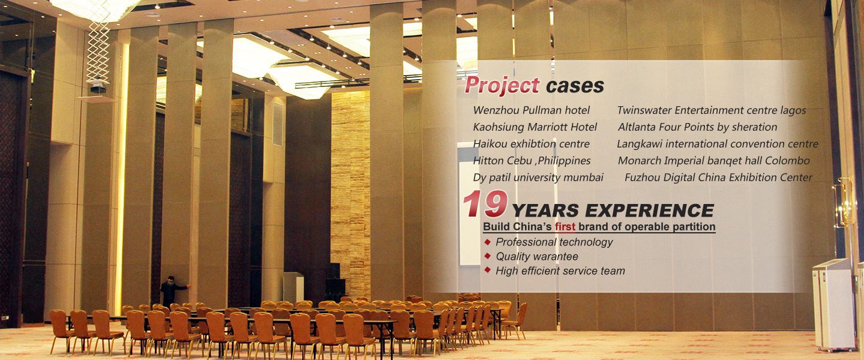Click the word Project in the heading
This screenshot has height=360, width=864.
point(502,85)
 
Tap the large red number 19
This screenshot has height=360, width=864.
point(485,204)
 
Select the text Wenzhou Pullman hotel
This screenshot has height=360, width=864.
point(531,110)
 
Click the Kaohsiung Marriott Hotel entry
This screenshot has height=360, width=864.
point(535,127)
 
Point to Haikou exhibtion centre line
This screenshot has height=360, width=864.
point(531,144)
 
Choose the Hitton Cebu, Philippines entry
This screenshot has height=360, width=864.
point(532,161)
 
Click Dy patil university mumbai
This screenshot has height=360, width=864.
point(538,178)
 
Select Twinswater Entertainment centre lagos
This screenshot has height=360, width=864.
point(712,110)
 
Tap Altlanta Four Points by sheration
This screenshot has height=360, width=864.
point(697,127)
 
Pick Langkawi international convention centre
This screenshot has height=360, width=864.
point(718,144)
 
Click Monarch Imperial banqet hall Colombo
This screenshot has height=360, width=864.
point(713,161)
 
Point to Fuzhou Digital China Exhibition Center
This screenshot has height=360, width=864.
point(719,178)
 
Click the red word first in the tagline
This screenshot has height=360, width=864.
point(565,226)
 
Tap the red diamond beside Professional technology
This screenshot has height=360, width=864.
point(488,242)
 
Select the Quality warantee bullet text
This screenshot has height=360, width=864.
point(537,257)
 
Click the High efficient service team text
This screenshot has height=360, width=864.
point(560,271)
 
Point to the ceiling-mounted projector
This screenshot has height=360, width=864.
point(98,88)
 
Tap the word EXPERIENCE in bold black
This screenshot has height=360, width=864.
point(649,211)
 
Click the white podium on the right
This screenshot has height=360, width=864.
point(833,305)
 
